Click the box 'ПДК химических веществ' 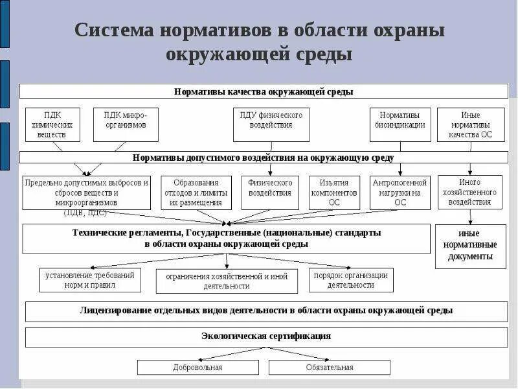(52, 124)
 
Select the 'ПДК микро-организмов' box (126, 124)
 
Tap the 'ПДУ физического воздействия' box (271, 124)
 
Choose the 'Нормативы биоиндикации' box (400, 124)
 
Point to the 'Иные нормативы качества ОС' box (470, 124)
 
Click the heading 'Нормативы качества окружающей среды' (264, 91)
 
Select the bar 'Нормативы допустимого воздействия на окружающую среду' (264, 158)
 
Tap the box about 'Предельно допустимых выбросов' (86, 193)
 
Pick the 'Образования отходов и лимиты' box (196, 193)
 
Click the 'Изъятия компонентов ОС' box (334, 193)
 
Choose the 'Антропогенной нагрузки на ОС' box (400, 193)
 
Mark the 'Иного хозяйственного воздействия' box (470, 192)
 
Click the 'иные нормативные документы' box (470, 246)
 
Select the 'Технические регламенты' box (226, 239)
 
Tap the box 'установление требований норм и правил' (90, 280)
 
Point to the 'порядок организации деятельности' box (351, 280)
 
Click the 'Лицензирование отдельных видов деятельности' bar (266, 311)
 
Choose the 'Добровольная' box (197, 368)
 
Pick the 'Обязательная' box (330, 368)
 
